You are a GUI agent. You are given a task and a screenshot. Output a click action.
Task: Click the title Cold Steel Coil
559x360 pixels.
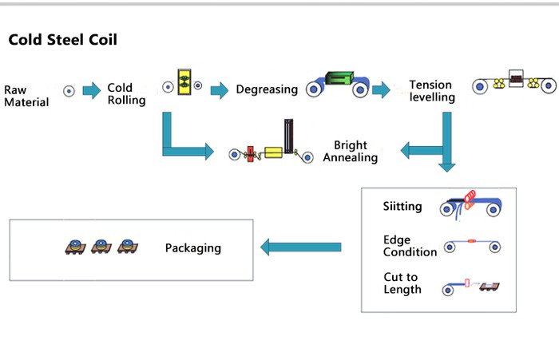(63, 40)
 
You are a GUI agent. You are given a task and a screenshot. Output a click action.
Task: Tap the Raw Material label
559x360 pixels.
(26, 96)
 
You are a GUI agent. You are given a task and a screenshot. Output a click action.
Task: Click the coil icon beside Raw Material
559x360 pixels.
(69, 92)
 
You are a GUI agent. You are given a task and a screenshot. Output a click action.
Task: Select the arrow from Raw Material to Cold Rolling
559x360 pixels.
(92, 91)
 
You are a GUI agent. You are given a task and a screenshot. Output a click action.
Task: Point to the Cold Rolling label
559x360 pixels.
(126, 94)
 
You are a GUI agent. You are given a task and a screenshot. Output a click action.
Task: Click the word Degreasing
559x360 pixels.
(267, 90)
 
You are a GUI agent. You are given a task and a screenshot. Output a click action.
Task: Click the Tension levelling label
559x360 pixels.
(432, 91)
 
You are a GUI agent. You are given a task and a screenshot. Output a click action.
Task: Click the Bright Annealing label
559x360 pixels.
(351, 152)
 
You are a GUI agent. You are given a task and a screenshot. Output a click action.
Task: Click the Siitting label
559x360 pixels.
(402, 207)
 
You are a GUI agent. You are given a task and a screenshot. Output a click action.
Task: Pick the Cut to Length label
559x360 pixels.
(402, 283)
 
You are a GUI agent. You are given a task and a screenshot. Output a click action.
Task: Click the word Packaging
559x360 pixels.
(192, 248)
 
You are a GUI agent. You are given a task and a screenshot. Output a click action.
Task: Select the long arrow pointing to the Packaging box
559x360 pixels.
(301, 248)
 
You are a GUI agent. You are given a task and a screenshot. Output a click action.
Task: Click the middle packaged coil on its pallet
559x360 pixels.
(101, 247)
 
